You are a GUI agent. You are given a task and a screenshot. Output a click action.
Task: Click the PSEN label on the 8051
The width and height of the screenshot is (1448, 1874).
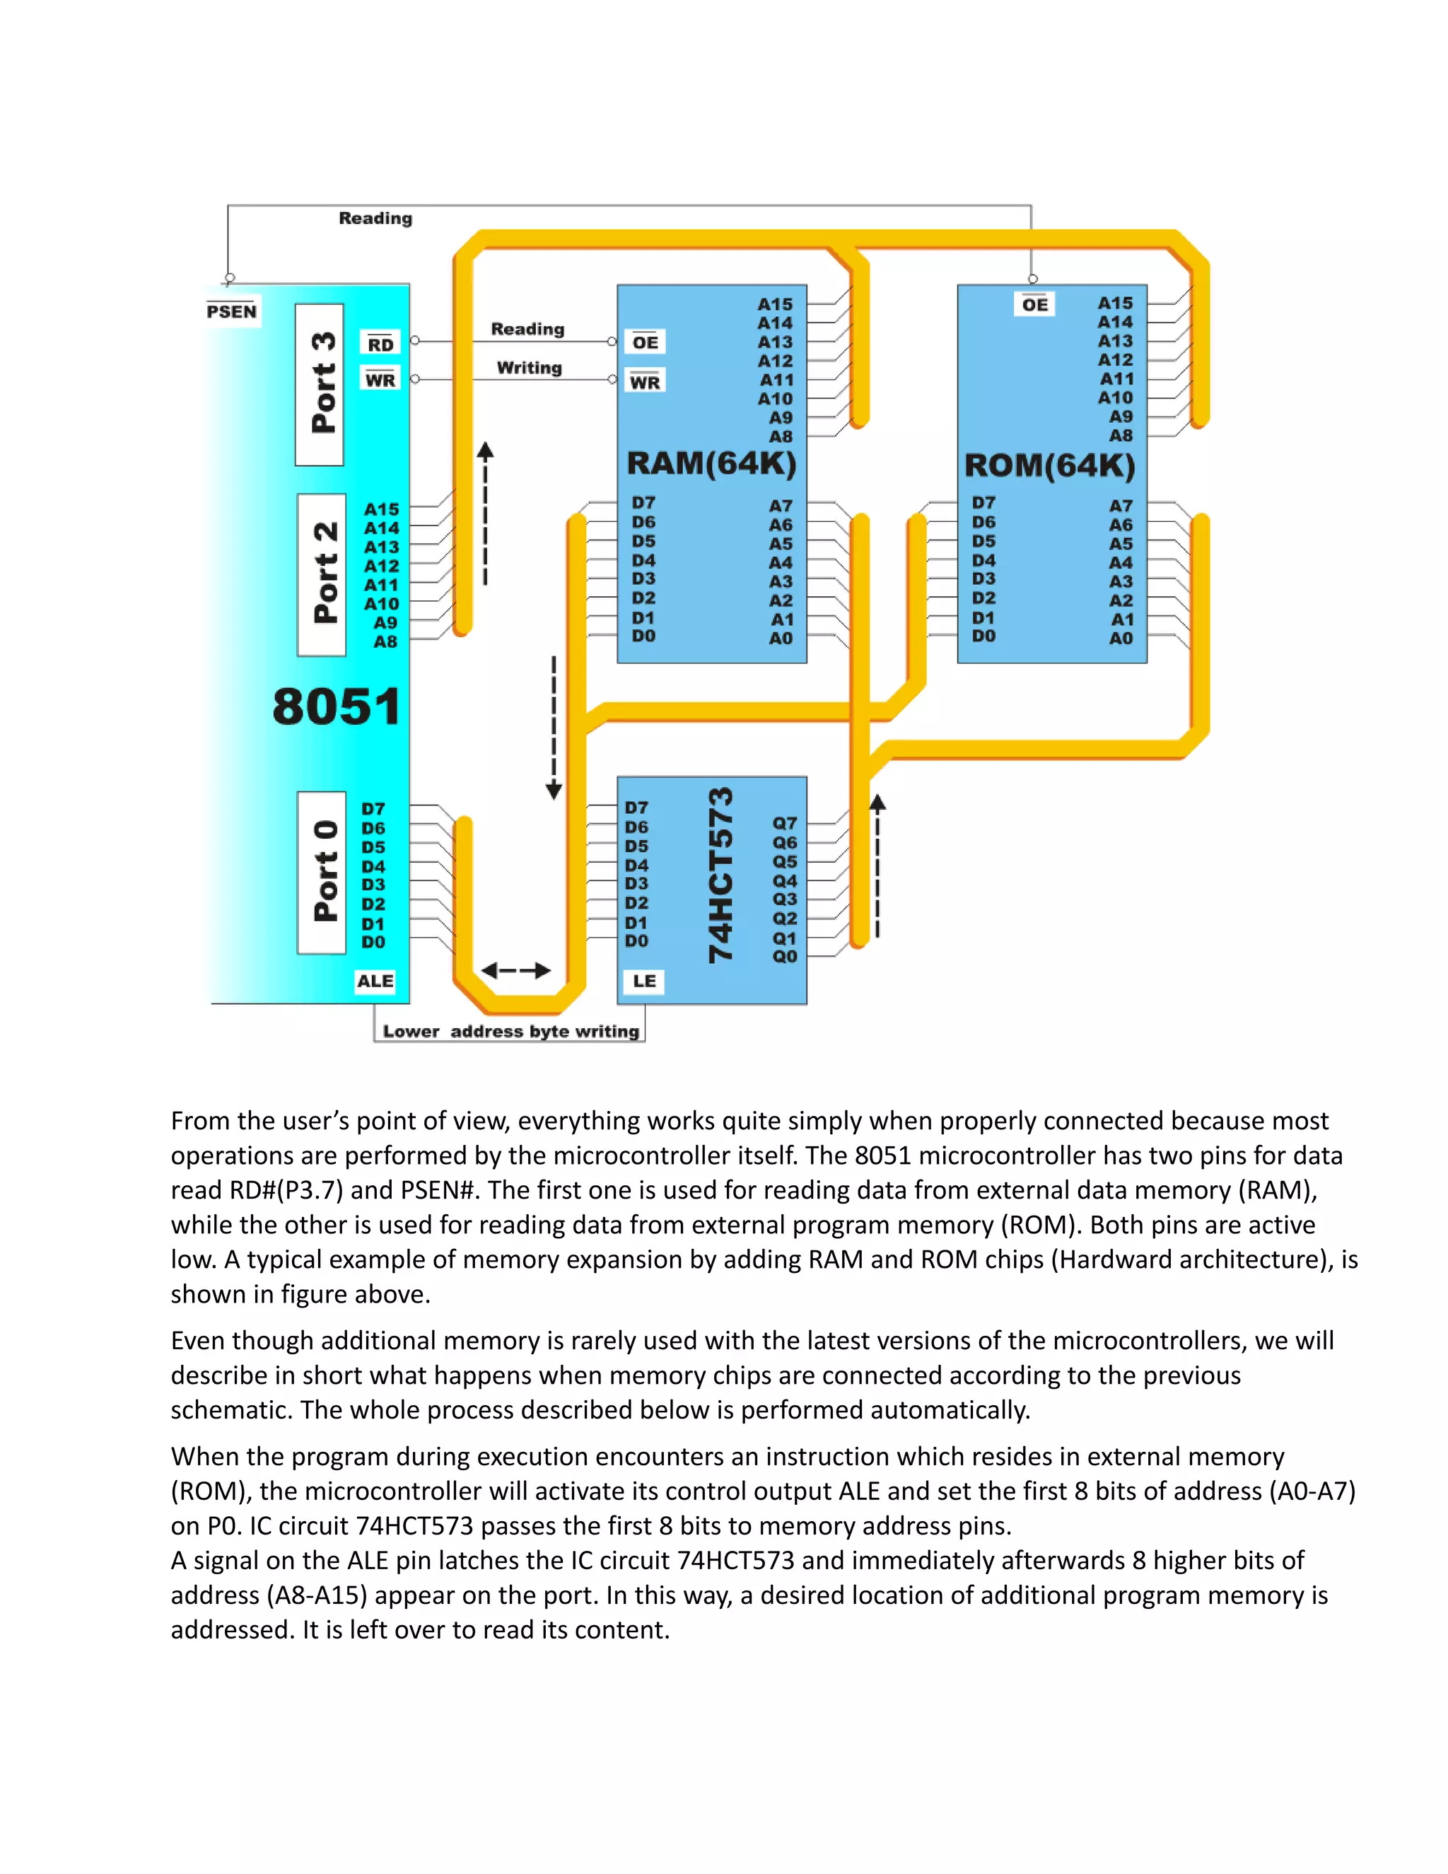pyautogui.click(x=232, y=311)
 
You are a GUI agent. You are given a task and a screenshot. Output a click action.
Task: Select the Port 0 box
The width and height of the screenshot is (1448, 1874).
pyautogui.click(x=322, y=872)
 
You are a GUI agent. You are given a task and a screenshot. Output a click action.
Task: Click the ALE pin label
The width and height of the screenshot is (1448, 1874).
pyautogui.click(x=375, y=982)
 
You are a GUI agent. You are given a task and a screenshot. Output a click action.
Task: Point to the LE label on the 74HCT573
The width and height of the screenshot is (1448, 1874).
pyautogui.click(x=644, y=982)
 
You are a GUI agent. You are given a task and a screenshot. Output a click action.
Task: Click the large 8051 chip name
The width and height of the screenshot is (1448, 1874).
pyautogui.click(x=337, y=707)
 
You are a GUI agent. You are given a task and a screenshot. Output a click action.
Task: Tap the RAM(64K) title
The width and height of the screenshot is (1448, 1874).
pyautogui.click(x=711, y=464)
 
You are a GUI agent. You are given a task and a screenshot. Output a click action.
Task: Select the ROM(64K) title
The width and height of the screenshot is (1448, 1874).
pyautogui.click(x=1050, y=466)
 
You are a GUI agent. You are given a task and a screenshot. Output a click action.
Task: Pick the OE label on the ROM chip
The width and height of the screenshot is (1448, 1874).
pyautogui.click(x=1034, y=305)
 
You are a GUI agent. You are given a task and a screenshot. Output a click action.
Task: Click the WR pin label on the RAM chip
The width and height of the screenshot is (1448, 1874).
pyautogui.click(x=645, y=382)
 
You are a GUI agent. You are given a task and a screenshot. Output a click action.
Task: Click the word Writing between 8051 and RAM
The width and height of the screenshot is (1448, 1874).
pyautogui.click(x=530, y=368)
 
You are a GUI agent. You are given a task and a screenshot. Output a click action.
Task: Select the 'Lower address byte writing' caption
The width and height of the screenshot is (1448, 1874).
pyautogui.click(x=510, y=1031)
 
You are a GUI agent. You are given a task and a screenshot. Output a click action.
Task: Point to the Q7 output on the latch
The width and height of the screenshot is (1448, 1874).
pyautogui.click(x=785, y=823)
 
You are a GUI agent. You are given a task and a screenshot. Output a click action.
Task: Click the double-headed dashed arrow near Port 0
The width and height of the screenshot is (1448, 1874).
pyautogui.click(x=515, y=970)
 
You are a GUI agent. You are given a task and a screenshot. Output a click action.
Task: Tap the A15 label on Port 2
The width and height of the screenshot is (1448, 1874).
pyautogui.click(x=382, y=509)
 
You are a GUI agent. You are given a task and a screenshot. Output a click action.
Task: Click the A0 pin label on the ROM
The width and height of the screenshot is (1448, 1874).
pyautogui.click(x=1121, y=639)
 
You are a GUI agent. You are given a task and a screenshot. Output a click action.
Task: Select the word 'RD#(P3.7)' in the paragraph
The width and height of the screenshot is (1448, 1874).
pyautogui.click(x=287, y=1191)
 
